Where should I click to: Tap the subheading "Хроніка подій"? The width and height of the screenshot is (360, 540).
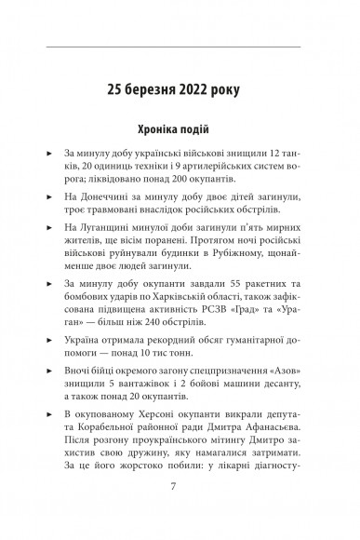coord(180,128)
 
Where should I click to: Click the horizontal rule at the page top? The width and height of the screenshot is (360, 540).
coord(180,46)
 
